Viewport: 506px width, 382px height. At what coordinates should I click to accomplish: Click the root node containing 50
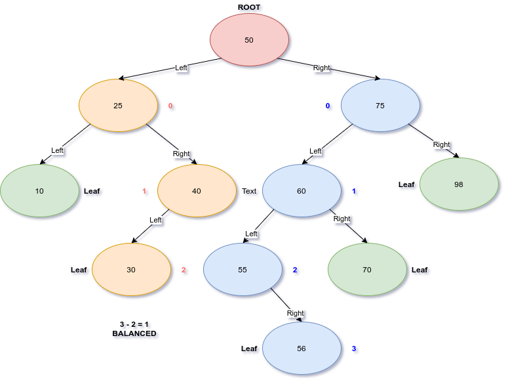[x=249, y=40]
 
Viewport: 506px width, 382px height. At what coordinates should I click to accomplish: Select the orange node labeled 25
[x=118, y=106]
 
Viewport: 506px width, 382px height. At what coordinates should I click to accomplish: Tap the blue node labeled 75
[x=380, y=106]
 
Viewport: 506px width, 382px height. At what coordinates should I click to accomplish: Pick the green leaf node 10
[x=39, y=191]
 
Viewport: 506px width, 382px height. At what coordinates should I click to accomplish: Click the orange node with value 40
[x=197, y=191]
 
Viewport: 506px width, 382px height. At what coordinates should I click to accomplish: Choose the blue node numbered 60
[x=302, y=191]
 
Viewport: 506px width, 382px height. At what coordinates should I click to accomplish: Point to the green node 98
[x=459, y=184]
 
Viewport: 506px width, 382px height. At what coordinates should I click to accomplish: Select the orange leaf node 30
[x=131, y=270]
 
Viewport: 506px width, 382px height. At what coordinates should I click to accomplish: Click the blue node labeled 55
[x=243, y=270]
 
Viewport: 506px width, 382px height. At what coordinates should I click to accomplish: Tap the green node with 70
[x=367, y=270]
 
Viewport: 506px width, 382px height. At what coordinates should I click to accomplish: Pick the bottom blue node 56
[x=302, y=349]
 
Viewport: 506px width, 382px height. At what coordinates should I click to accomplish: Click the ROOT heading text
[x=249, y=7]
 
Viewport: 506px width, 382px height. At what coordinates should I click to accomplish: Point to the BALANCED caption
[x=134, y=333]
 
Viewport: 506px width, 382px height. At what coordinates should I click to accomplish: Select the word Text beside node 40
[x=249, y=191]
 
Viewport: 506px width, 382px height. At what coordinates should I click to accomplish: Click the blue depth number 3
[x=354, y=349]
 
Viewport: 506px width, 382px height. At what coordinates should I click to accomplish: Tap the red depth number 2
[x=184, y=270]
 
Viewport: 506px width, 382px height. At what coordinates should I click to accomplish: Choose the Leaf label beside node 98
[x=406, y=184]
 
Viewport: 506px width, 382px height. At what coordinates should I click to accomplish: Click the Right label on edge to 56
[x=295, y=313]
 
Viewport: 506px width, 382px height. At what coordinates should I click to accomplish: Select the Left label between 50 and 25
[x=181, y=68]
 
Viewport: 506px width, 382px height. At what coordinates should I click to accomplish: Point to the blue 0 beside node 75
[x=328, y=106]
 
